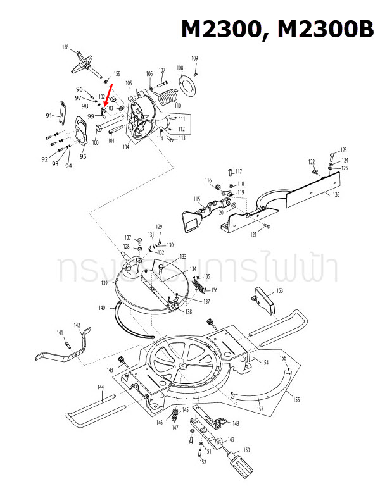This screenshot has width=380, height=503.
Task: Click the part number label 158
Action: click(65, 48)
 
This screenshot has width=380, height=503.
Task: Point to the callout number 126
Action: click(336, 194)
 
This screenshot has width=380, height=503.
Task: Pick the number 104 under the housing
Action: click(126, 146)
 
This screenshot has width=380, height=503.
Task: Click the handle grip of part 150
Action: click(241, 466)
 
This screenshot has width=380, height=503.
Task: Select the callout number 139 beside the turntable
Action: click(103, 283)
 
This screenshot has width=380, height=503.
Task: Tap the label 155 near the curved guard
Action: click(296, 400)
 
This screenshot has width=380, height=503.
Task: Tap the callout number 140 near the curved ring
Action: click(102, 307)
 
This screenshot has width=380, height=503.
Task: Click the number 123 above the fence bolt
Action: click(344, 150)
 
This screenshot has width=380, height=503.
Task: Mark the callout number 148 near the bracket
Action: click(236, 423)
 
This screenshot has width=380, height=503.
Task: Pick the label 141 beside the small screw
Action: click(60, 333)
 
